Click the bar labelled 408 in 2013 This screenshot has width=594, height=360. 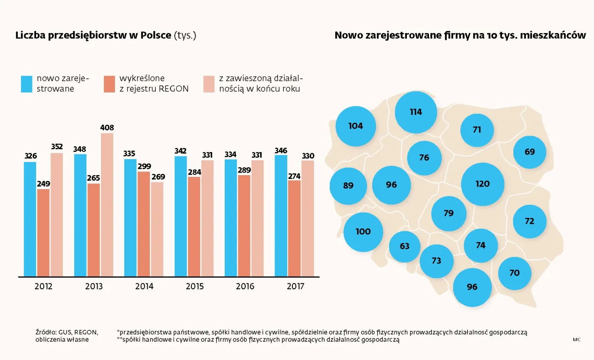pyautogui.click(x=107, y=205)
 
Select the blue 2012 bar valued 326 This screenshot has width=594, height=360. pyautogui.click(x=30, y=219)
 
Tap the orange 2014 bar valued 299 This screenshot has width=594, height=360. pyautogui.click(x=143, y=224)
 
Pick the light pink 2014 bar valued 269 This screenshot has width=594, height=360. pyautogui.click(x=157, y=229)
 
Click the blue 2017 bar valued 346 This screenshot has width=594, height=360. pyautogui.click(x=281, y=216)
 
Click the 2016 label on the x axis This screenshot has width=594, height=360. pyautogui.click(x=245, y=287)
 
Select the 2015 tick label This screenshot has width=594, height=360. pyautogui.click(x=195, y=287)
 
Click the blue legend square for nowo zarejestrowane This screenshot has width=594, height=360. pyautogui.click(x=26, y=84)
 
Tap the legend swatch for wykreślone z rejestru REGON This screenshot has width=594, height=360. pyautogui.click(x=109, y=84)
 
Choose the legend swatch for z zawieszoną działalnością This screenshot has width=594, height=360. pyautogui.click(x=209, y=84)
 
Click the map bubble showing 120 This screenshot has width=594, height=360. pyautogui.click(x=482, y=184)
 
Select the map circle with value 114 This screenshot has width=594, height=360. pyautogui.click(x=415, y=112)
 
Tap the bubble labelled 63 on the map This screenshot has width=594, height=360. pyautogui.click(x=405, y=246)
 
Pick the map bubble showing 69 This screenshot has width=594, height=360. pyautogui.click(x=530, y=152)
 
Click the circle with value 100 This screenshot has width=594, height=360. pyautogui.click(x=363, y=232)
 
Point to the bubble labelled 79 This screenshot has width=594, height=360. pyautogui.click(x=448, y=213)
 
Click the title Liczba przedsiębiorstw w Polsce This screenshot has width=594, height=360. pyautogui.click(x=93, y=36)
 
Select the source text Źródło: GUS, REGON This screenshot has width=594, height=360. pyautogui.click(x=67, y=332)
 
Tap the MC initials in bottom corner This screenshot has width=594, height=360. pyautogui.click(x=576, y=340)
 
